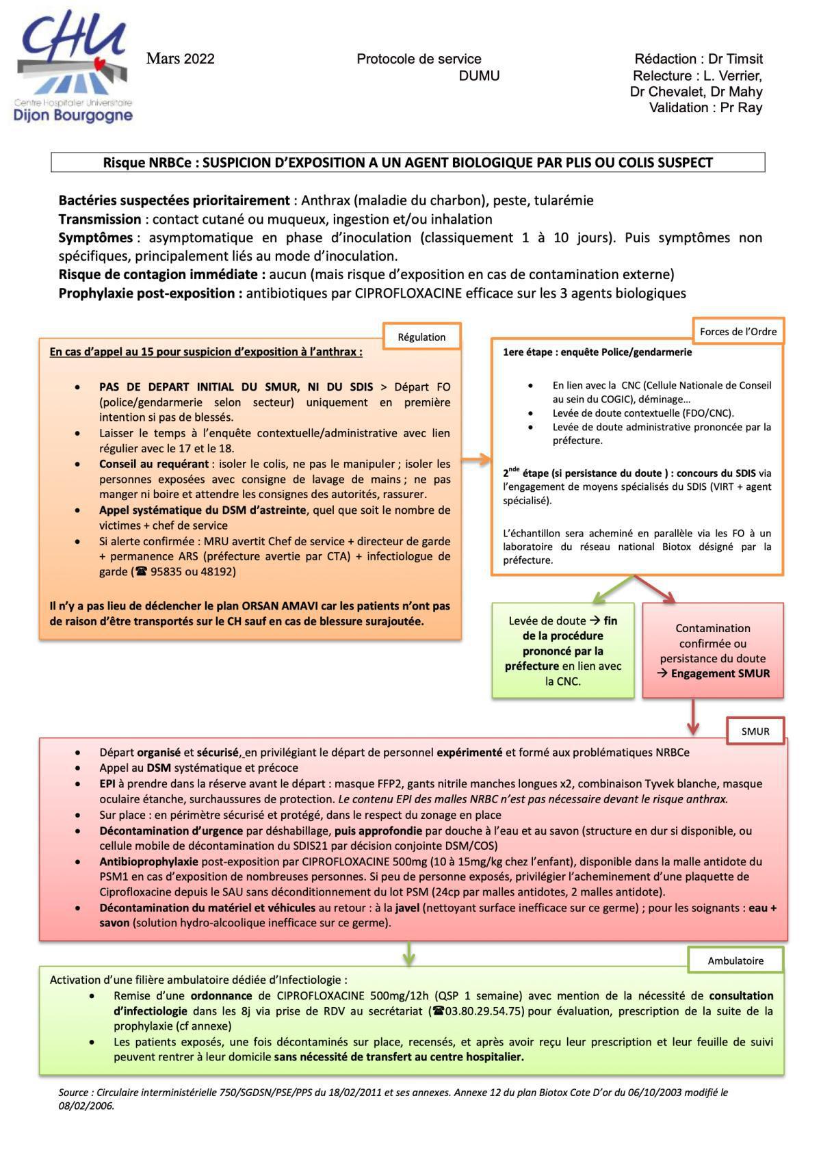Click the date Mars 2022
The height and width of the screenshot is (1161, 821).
(x=181, y=59)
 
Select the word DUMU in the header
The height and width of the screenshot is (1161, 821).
(x=479, y=76)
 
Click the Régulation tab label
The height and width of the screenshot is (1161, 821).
(x=421, y=337)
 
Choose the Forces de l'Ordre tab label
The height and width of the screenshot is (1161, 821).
(x=738, y=332)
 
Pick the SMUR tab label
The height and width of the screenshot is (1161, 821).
(x=755, y=731)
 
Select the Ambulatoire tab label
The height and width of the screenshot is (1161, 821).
(x=735, y=961)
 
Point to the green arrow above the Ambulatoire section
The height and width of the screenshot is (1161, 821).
(x=408, y=953)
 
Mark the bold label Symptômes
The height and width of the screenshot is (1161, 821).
(x=96, y=237)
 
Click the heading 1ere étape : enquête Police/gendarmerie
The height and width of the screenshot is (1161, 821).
(x=597, y=352)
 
